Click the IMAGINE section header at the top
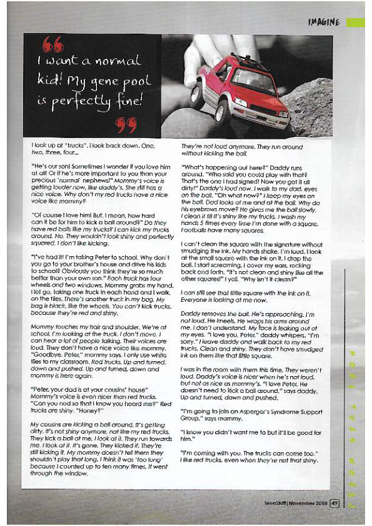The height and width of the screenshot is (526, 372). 323,22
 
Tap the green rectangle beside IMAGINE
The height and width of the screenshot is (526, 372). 355,22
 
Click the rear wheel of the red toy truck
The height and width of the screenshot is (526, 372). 197,94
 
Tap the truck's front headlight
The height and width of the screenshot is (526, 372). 240,102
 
